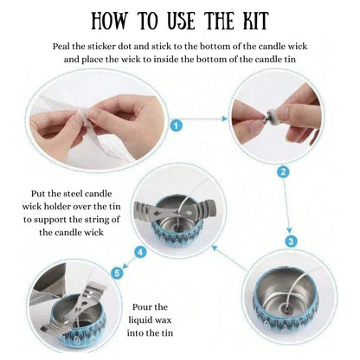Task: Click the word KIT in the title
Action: (269, 22)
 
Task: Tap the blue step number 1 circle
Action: (177, 125)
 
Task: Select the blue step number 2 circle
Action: (282, 172)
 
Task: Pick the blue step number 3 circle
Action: (290, 239)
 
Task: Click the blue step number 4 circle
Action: (139, 252)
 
